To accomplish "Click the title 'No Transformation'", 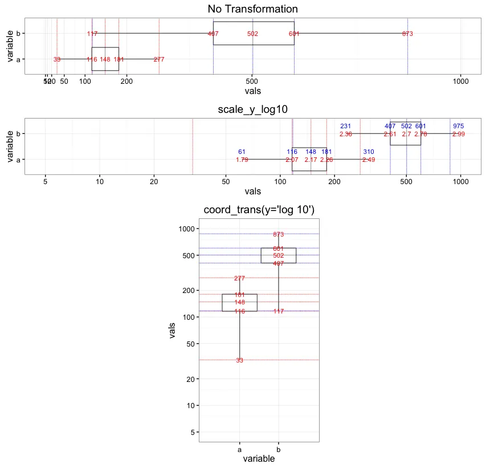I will [252, 9].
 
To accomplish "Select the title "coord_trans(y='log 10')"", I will [259, 211].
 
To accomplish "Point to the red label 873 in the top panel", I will [407, 34].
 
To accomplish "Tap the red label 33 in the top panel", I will [57, 59].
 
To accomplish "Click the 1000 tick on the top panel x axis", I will [460, 82].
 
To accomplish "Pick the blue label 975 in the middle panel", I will [458, 127].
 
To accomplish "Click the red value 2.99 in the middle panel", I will [458, 135].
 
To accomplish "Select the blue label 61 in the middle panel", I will [242, 152].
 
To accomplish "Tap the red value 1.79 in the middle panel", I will [242, 160].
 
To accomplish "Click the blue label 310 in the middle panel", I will [369, 152].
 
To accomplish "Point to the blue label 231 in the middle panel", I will [346, 127].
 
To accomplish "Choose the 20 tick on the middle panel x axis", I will [153, 182].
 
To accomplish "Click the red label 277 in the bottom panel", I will [239, 279].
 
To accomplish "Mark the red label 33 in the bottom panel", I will [239, 360].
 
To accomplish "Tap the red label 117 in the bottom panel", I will [278, 311].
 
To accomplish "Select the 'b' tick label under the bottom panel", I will [278, 449].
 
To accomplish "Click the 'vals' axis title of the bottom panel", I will [173, 331].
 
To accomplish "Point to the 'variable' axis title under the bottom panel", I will [259, 459].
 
